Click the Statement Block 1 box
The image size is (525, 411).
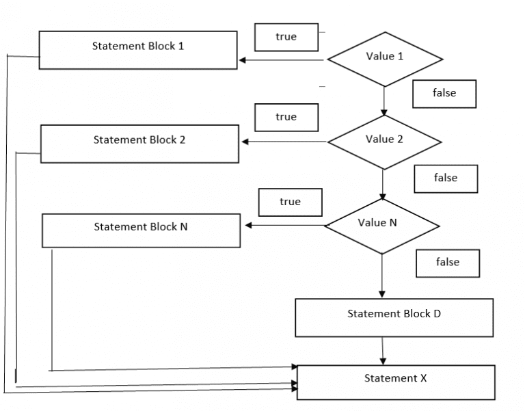click(138, 50)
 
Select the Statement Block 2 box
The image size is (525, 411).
click(139, 144)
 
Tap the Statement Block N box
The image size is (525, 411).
click(141, 230)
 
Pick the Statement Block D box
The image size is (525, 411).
click(394, 317)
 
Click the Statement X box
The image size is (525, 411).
click(395, 382)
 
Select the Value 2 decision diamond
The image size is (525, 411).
click(384, 142)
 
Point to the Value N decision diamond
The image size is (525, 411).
click(381, 226)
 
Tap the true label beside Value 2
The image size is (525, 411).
click(286, 118)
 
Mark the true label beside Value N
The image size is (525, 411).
click(291, 202)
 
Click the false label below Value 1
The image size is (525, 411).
click(444, 94)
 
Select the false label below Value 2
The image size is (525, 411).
click(446, 178)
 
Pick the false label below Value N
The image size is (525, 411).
click(448, 263)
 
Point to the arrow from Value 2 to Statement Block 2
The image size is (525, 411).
click(284, 142)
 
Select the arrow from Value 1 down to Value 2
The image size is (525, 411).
click(384, 101)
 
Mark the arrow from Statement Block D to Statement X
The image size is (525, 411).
click(382, 351)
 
